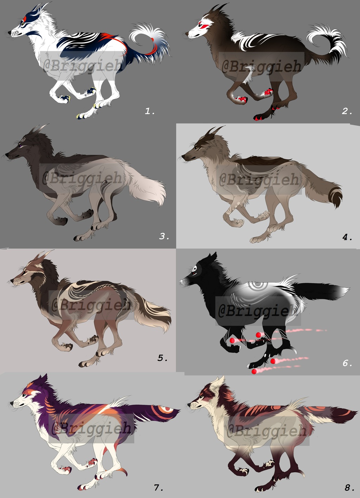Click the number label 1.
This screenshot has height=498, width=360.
click(x=150, y=111)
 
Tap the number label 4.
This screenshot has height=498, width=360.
click(x=347, y=237)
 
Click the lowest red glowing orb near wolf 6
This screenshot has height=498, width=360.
click(x=254, y=371)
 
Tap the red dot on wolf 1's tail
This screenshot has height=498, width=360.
click(x=153, y=40)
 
